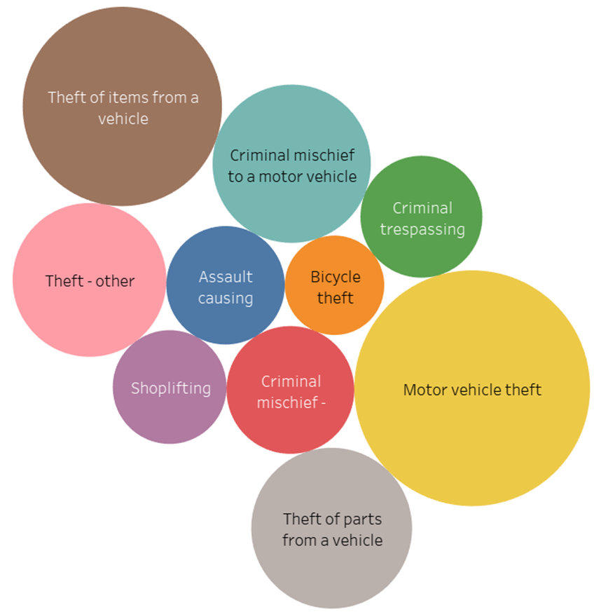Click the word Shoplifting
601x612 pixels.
170,388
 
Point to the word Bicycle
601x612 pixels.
335,277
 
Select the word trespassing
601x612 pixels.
422,229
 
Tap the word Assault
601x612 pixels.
226,277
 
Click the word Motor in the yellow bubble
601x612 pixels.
425,390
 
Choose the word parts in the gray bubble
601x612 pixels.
347,519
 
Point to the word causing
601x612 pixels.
226,298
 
